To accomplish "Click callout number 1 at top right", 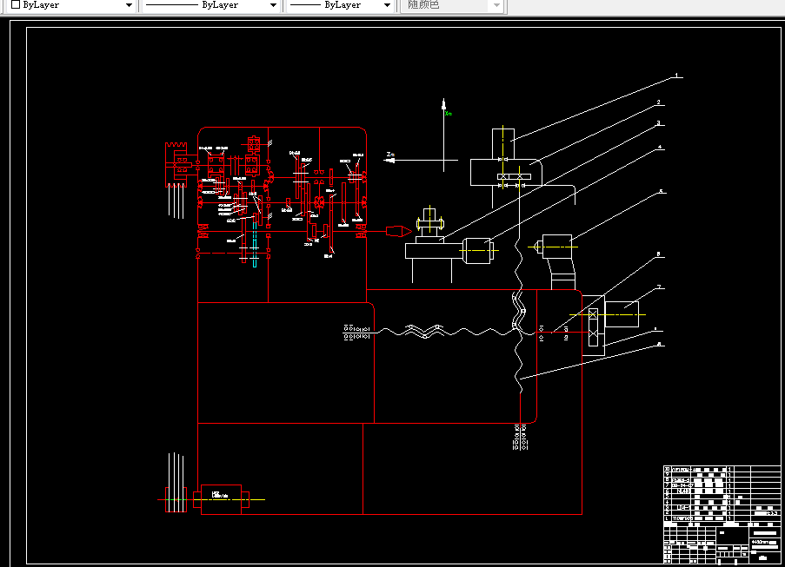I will click(x=676, y=76).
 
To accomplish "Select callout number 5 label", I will click(x=661, y=190).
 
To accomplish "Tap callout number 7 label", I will click(x=660, y=287).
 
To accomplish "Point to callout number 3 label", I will click(x=659, y=123).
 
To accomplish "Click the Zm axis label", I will click(x=391, y=155).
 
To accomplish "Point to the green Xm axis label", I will click(x=449, y=113).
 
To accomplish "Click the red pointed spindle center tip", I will click(x=396, y=231).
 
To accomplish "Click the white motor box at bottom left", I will click(x=221, y=498).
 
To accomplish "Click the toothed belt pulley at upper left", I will click(x=179, y=162).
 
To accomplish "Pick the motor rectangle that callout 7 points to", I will click(x=622, y=313).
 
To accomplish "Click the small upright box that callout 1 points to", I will click(x=502, y=143).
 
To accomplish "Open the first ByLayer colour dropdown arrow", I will click(x=129, y=5).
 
